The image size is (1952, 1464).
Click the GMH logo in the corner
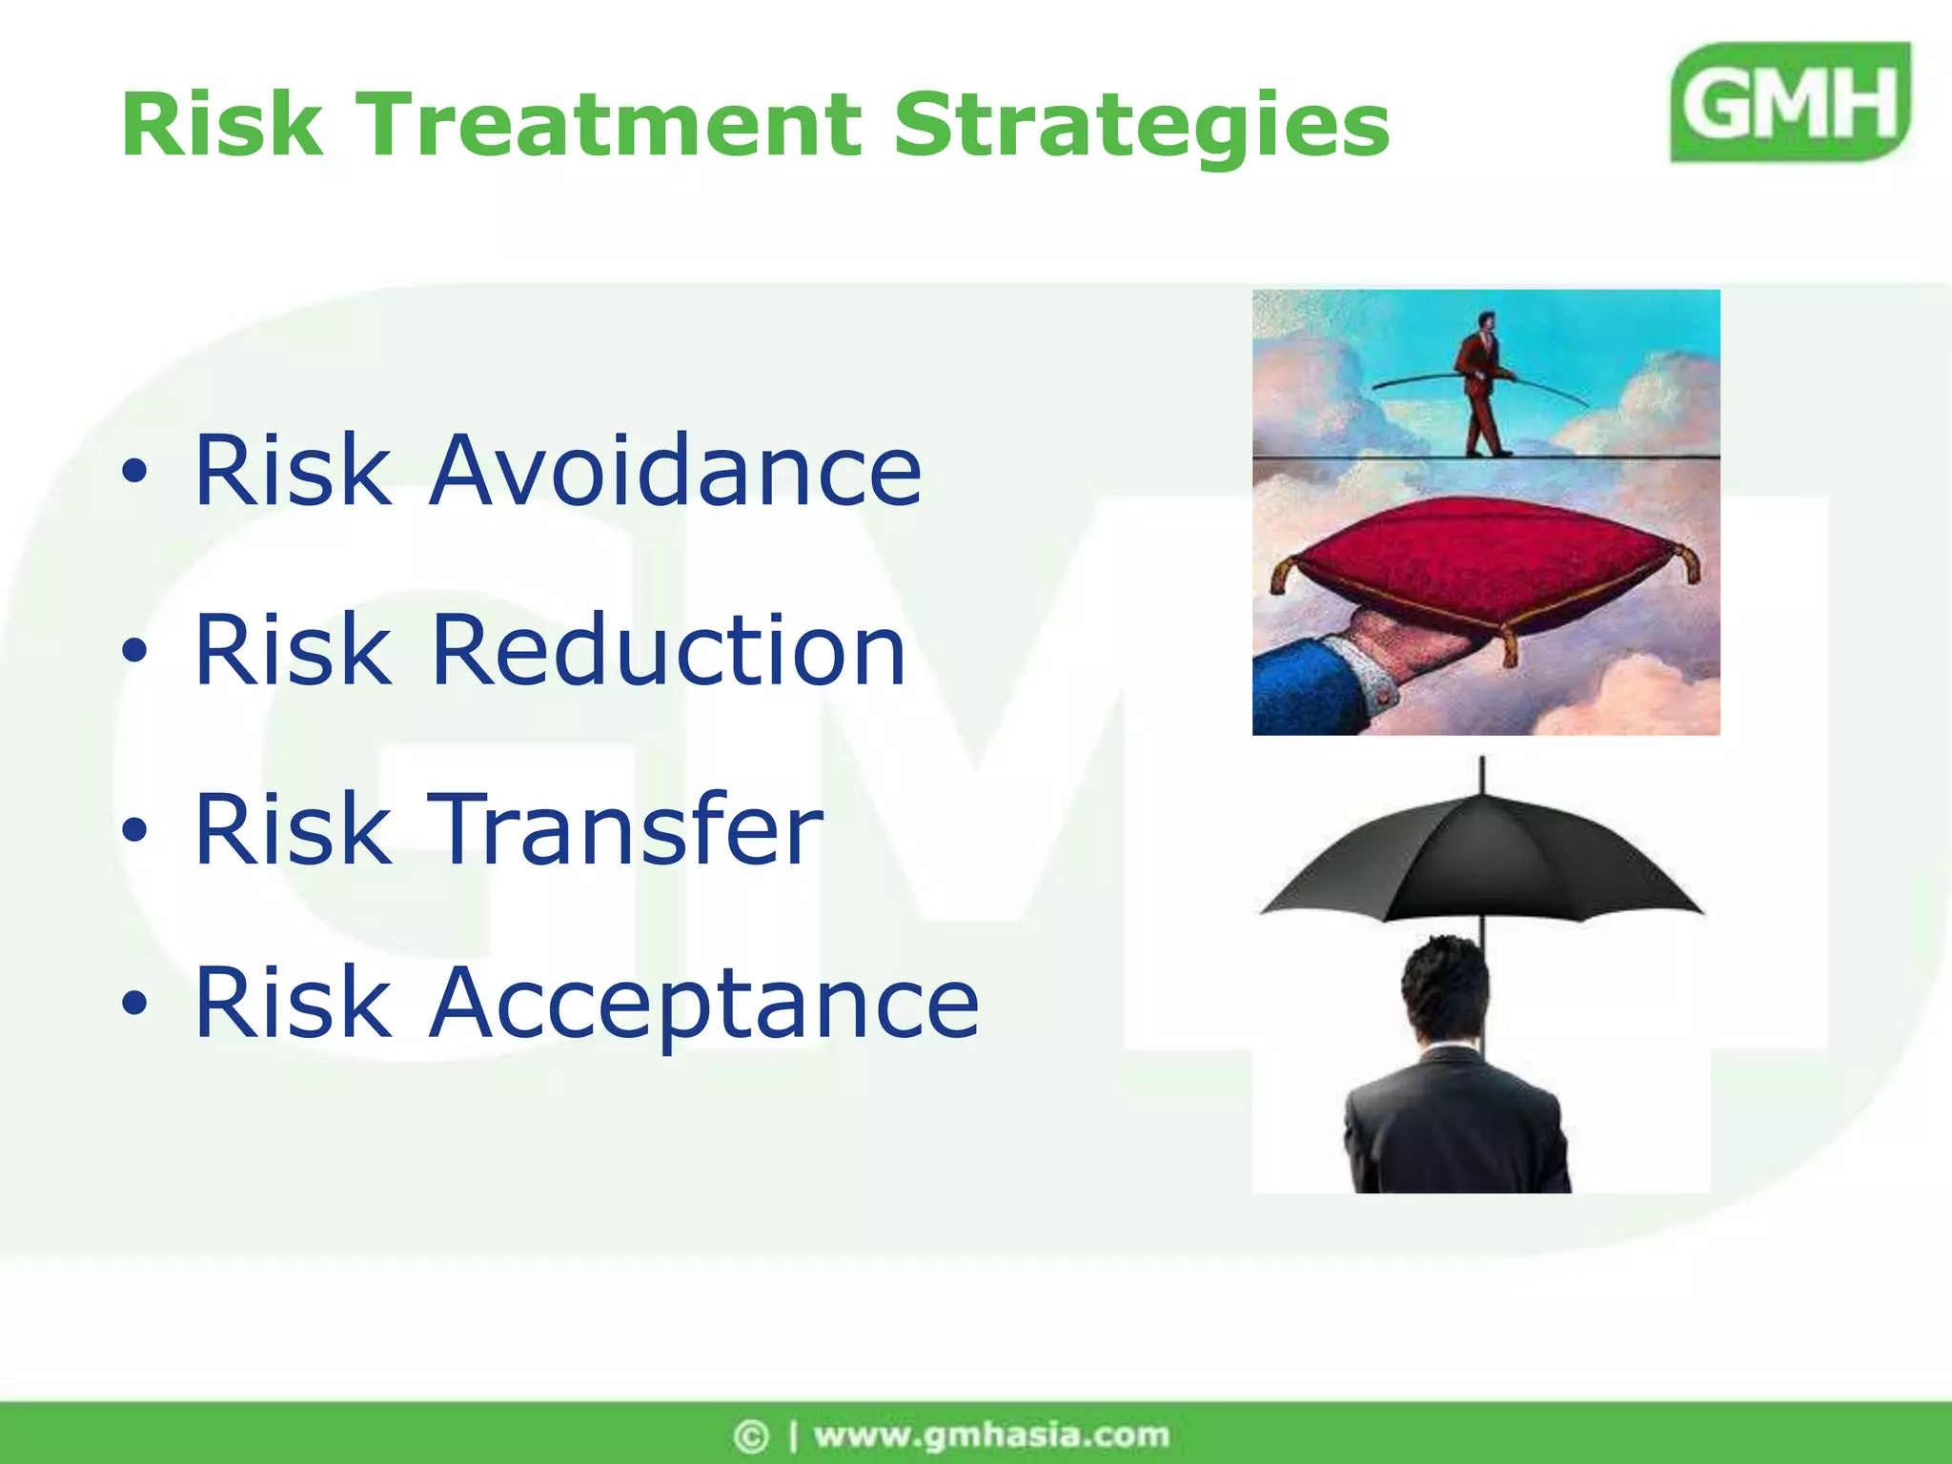(1790, 102)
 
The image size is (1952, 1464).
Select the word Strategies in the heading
(1141, 127)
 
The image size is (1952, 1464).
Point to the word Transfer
(625, 829)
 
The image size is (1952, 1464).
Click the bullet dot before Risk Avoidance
(135, 471)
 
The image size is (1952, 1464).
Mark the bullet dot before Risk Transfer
(135, 830)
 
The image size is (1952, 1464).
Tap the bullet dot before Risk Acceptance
(135, 1004)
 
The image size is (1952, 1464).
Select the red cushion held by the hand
(1487, 562)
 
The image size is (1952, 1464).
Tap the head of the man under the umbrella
(1445, 986)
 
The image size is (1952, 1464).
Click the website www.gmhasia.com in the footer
(991, 1434)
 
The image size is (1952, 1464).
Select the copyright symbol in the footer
(750, 1435)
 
